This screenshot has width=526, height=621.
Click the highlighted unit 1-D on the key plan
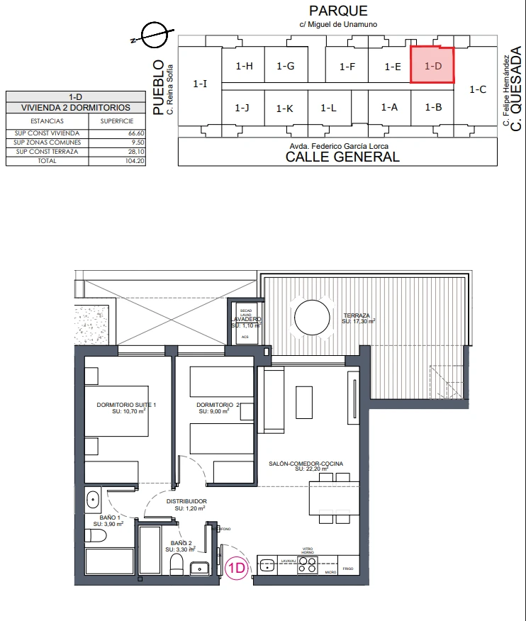[x=432, y=65]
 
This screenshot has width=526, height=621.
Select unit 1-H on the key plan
[x=244, y=66]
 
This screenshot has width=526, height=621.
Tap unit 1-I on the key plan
[x=200, y=84]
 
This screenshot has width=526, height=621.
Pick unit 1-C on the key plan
[x=478, y=90]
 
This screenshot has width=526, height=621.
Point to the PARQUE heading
[x=338, y=11]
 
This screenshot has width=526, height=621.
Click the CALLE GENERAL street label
[x=342, y=157]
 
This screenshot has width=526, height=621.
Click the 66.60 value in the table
[x=135, y=133]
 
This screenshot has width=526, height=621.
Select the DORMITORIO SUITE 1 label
[x=125, y=405]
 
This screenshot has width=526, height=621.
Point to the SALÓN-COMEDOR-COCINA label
[x=306, y=464]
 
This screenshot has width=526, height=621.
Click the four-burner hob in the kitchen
[x=308, y=564]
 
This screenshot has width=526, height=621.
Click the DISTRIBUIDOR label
[x=186, y=501]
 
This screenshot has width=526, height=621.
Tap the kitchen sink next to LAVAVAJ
[x=267, y=565]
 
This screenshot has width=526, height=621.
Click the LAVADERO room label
[x=246, y=320]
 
